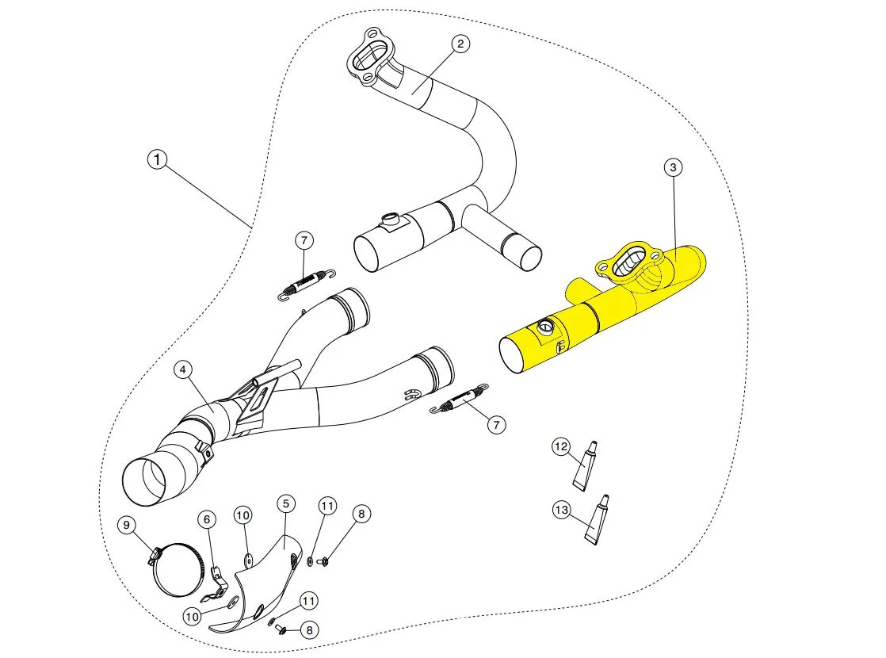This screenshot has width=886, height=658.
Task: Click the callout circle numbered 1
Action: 158,160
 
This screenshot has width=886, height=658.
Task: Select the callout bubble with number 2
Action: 460,44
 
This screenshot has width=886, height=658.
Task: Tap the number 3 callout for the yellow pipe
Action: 673,167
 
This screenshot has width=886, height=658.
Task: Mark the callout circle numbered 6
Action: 206,519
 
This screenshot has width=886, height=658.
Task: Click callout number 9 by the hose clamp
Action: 124,524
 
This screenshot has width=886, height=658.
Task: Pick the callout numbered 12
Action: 561,447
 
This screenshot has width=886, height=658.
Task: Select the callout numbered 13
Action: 562,511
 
